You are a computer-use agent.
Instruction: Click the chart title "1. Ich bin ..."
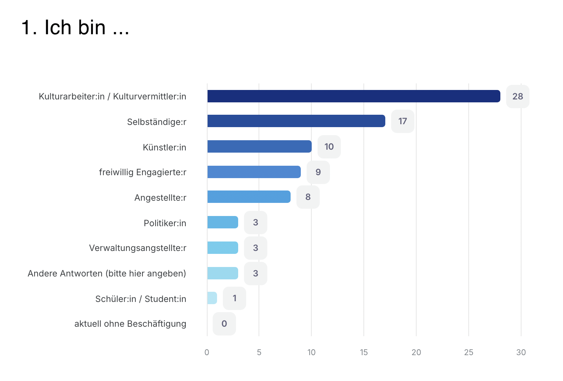tap(75, 28)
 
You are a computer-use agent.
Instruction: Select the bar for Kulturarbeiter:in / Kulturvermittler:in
tap(353, 96)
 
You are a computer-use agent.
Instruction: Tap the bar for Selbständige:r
tap(296, 121)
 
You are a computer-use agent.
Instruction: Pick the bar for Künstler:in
tap(259, 146)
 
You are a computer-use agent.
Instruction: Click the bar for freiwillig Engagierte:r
tap(254, 172)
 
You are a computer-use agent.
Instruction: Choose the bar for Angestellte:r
tap(249, 197)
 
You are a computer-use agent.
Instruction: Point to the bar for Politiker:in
tap(223, 222)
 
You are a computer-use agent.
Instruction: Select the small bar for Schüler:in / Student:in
tap(212, 298)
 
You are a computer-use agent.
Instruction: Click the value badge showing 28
tap(517, 97)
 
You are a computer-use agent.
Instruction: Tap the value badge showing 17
tap(402, 121)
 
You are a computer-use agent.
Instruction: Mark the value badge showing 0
tap(224, 324)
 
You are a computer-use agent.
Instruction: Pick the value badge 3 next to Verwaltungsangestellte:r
tap(255, 248)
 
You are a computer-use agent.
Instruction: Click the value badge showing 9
tap(318, 172)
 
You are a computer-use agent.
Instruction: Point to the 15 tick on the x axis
tap(363, 352)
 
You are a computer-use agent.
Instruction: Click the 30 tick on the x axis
tap(521, 352)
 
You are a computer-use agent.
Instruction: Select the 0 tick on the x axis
tap(207, 352)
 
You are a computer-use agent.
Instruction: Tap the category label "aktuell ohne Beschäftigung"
tap(130, 324)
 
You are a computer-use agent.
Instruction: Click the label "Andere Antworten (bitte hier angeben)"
tap(107, 274)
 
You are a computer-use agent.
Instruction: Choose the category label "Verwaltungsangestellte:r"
tap(138, 248)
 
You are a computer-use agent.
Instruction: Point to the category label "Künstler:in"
tap(164, 148)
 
